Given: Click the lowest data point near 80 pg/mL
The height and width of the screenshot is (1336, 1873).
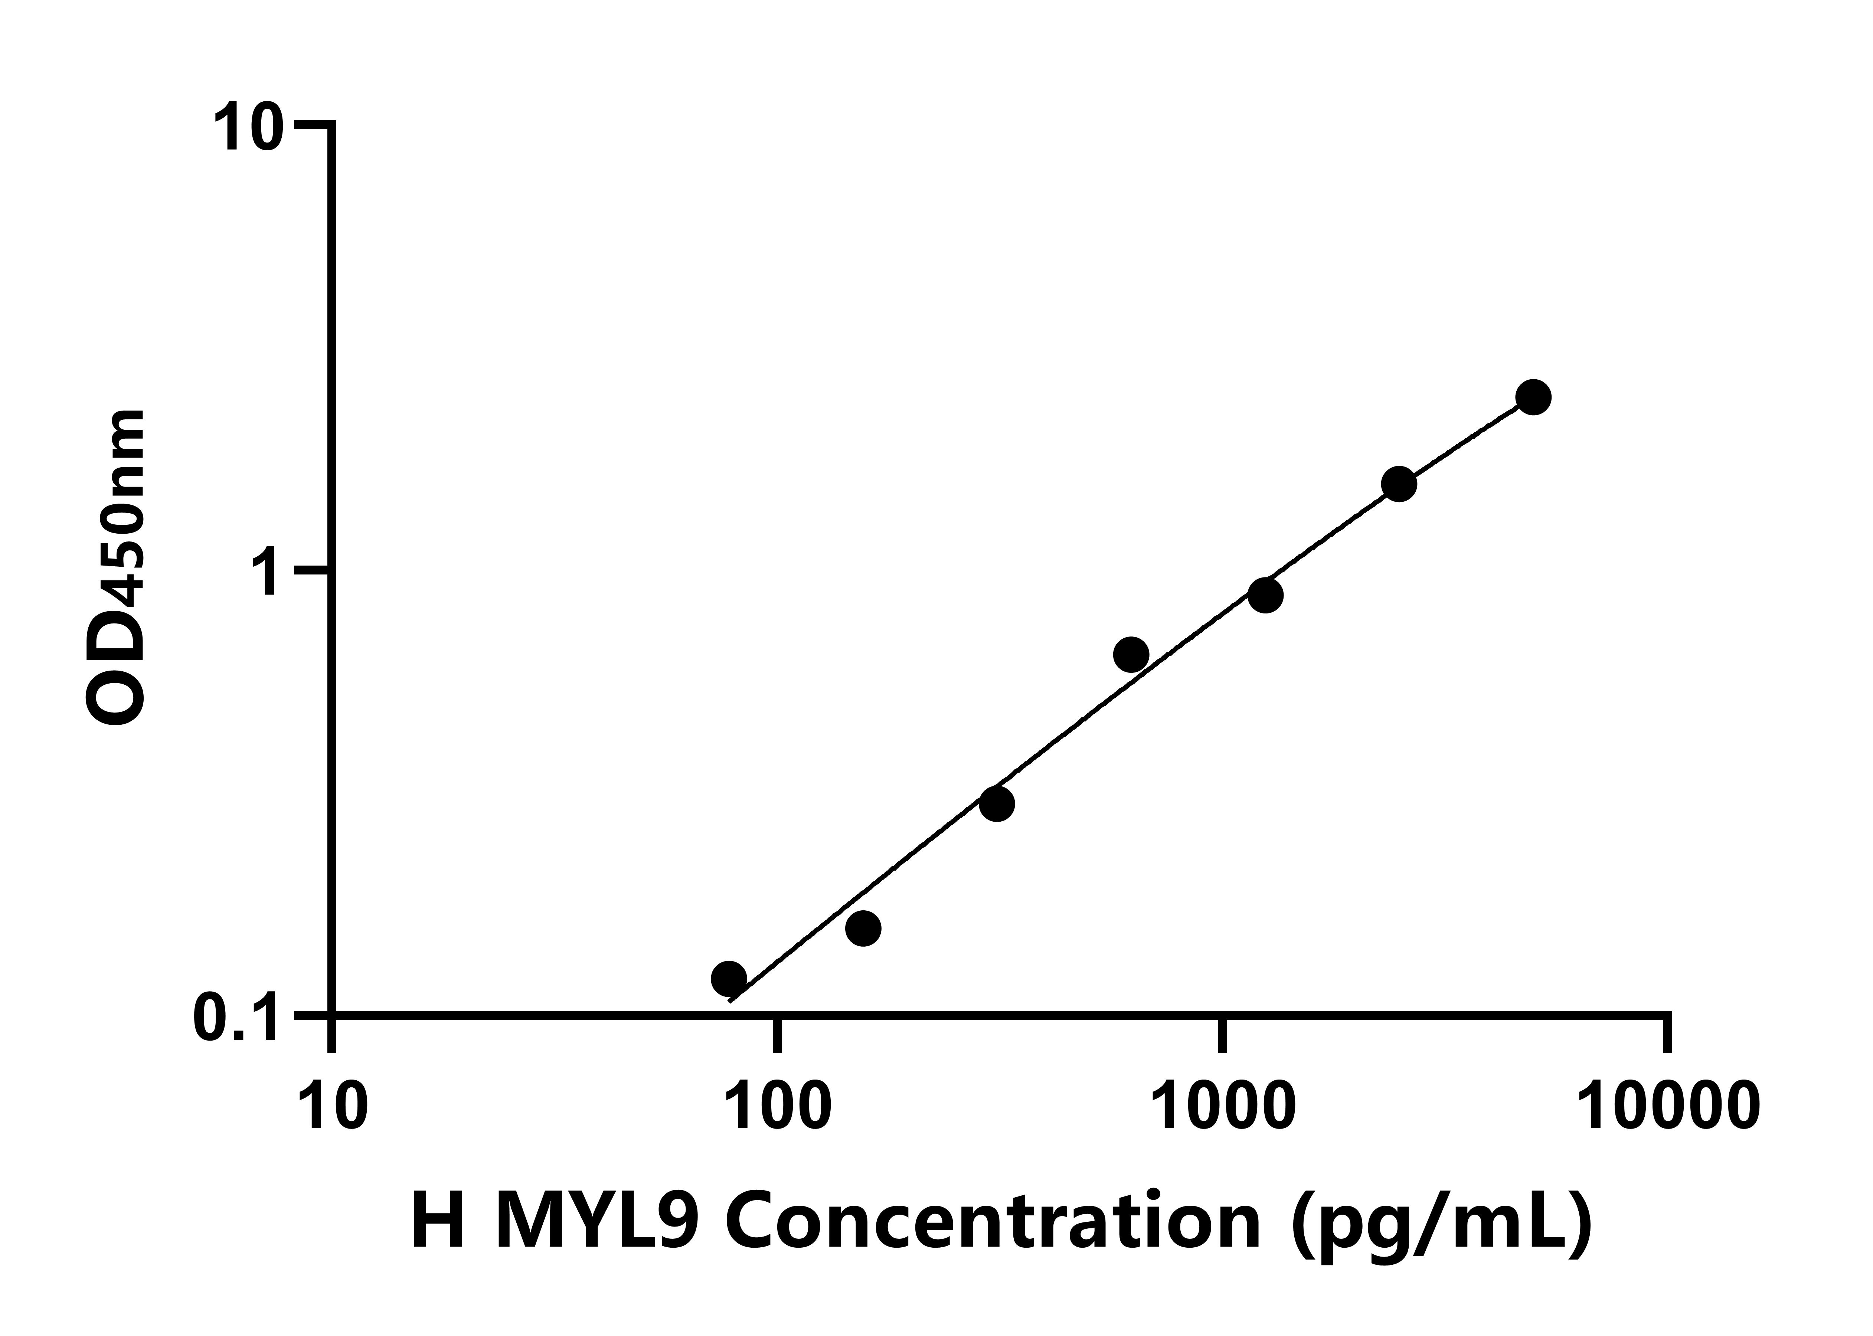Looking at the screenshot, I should click(x=728, y=978).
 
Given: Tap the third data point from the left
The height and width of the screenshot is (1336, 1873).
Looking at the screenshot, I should click(x=997, y=804).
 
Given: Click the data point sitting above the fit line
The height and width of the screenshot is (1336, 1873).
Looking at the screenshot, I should click(x=1131, y=655).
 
